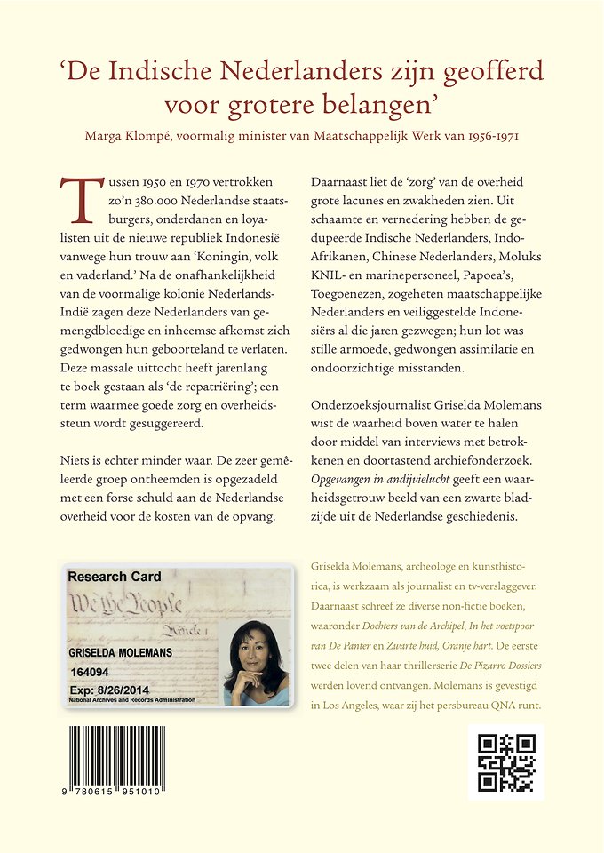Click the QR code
[506, 762]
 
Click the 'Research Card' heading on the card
[115, 576]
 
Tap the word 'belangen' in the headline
[369, 104]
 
